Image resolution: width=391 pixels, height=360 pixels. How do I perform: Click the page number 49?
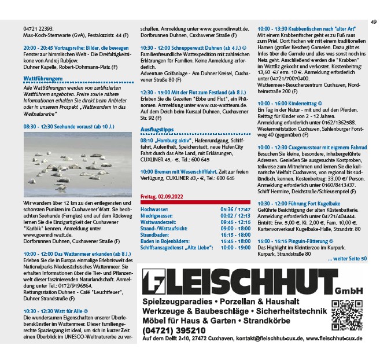click(374, 22)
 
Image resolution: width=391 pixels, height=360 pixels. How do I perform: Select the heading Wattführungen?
click(43, 76)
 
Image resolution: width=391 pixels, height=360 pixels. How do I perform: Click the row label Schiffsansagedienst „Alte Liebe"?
click(177, 248)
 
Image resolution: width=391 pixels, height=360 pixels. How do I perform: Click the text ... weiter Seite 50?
click(346, 259)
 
